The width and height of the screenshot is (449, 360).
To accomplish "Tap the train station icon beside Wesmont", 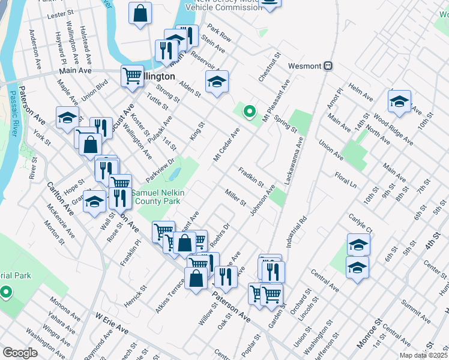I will tap(328, 65).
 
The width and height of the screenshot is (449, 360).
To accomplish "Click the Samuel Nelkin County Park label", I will tap(158, 197).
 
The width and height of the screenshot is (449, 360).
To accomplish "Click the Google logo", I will tap(20, 353).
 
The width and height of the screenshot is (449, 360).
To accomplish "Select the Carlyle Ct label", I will tap(360, 222).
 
